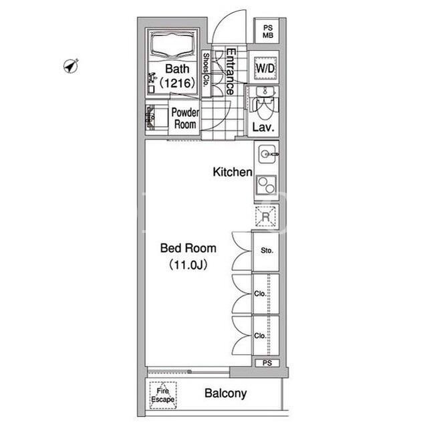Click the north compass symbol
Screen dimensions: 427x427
click(71, 66)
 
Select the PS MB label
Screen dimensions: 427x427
click(268, 31)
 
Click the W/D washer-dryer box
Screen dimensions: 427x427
click(265, 68)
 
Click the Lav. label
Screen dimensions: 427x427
click(263, 127)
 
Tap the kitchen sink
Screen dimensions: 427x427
click(267, 154)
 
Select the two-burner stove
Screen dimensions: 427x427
click(267, 185)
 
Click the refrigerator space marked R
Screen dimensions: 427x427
click(265, 216)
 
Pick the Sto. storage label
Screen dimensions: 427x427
click(267, 251)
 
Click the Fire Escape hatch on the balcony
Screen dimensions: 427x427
click(163, 395)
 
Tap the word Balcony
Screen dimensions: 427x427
click(225, 394)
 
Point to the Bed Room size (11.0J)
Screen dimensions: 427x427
click(188, 264)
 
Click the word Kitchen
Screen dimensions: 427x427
click(233, 172)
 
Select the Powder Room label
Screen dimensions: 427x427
click(185, 119)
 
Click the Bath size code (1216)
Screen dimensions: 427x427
click(178, 83)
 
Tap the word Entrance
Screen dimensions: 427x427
click(231, 71)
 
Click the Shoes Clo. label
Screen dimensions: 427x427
click(206, 69)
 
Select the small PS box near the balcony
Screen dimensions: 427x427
click(267, 363)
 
